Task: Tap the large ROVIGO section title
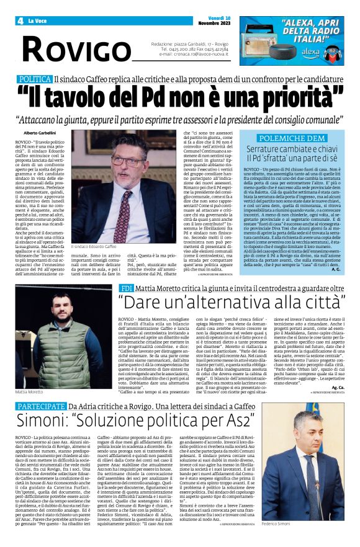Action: pos(74,48)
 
